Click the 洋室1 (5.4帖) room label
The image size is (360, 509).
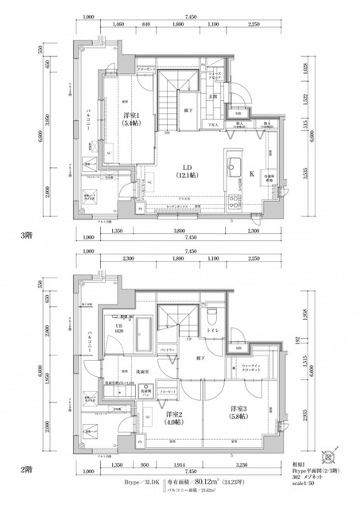coord(130,118)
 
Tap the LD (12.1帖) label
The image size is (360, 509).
coord(188,170)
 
